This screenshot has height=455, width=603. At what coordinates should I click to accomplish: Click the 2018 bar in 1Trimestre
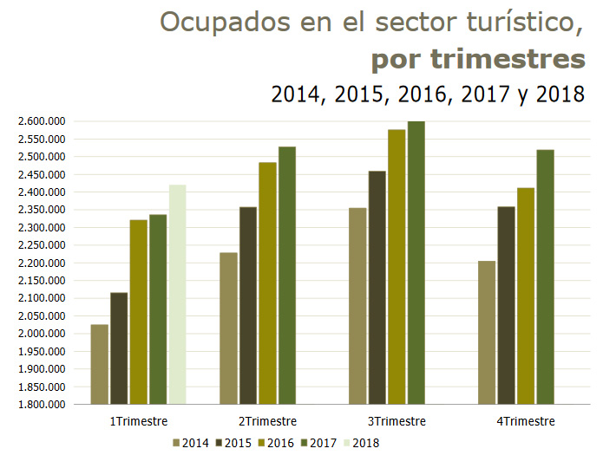coord(177,294)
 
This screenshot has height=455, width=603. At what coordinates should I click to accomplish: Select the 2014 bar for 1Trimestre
coord(99,364)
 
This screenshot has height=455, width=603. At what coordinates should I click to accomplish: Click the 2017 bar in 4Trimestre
coord(546,276)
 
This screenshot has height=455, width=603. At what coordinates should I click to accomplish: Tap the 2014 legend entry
coord(190,443)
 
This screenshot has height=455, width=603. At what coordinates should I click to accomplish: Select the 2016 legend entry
coord(275,443)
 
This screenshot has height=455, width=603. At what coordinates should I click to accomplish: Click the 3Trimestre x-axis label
coord(397,421)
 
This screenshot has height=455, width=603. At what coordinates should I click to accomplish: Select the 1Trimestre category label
coord(138,421)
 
